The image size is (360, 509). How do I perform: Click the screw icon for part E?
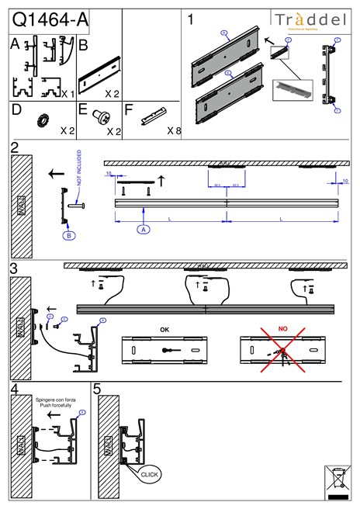pos(98,117)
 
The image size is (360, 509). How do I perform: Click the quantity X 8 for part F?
pos(175,131)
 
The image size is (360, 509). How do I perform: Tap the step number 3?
pos(14,268)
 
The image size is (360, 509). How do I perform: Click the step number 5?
pos(97,390)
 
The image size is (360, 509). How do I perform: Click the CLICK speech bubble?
pos(148,473)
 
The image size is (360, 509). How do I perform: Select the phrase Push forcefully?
pos(54,405)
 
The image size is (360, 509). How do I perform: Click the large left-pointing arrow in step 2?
pos(56,174)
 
